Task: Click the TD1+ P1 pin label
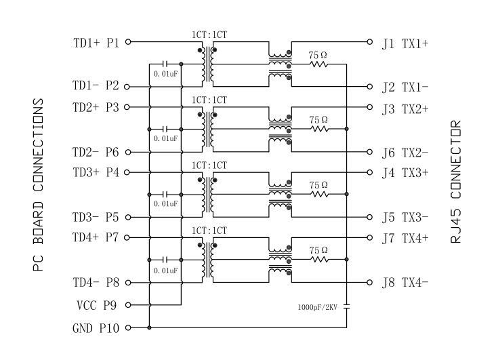pyautogui.click(x=96, y=43)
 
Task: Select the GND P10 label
pyautogui.click(x=96, y=329)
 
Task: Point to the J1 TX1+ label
pyautogui.click(x=405, y=43)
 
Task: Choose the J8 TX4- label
pyautogui.click(x=405, y=283)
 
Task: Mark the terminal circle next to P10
pyautogui.click(x=127, y=328)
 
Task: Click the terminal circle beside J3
pyautogui.click(x=369, y=107)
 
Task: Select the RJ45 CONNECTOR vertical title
pyautogui.click(x=457, y=183)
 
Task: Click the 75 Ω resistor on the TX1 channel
pyautogui.click(x=318, y=64)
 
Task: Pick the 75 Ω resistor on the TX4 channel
pyautogui.click(x=318, y=259)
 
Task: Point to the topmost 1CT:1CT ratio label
pyautogui.click(x=209, y=33)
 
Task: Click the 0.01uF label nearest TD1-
pyautogui.click(x=165, y=73)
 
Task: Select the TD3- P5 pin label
pyautogui.click(x=96, y=218)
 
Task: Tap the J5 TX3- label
pyautogui.click(x=405, y=218)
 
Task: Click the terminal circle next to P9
pyautogui.click(x=127, y=304)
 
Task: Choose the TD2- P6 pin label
pyautogui.click(x=96, y=153)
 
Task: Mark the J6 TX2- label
pyautogui.click(x=405, y=153)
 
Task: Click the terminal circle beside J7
pyautogui.click(x=369, y=237)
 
